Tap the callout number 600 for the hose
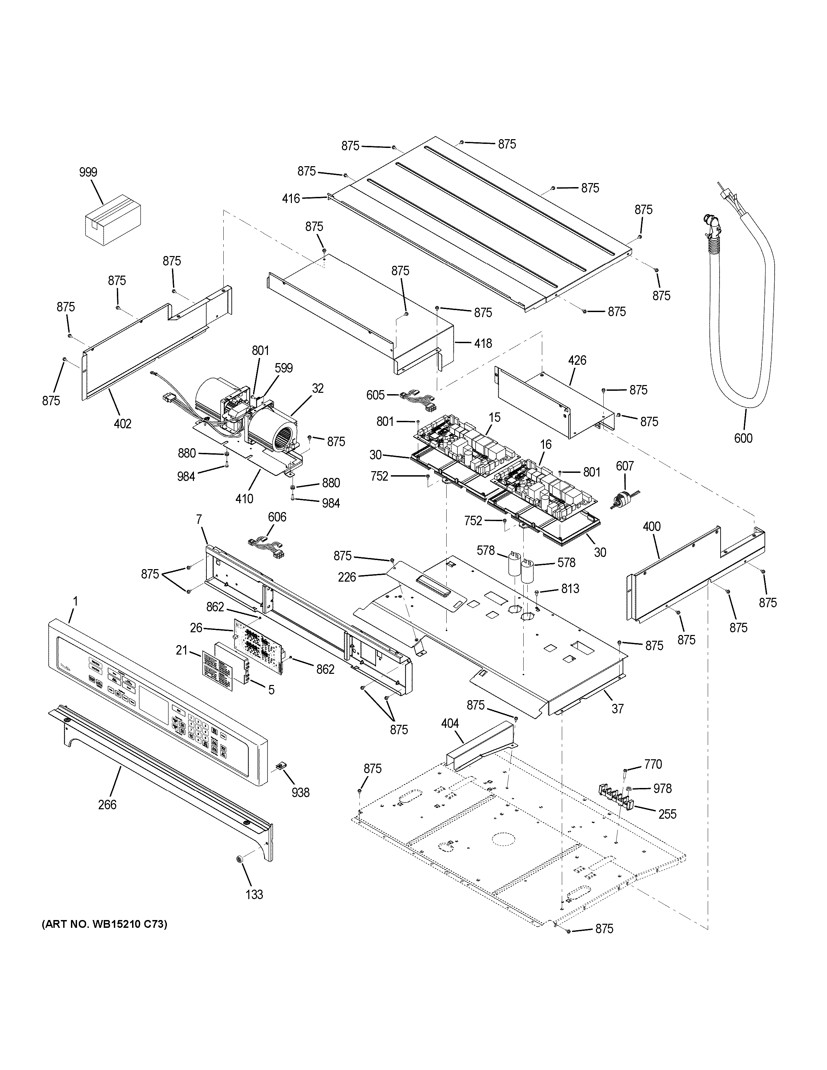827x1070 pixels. pos(743,438)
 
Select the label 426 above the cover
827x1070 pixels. pos(577,361)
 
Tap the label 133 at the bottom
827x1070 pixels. pos(254,895)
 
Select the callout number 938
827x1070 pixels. pos(300,793)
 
